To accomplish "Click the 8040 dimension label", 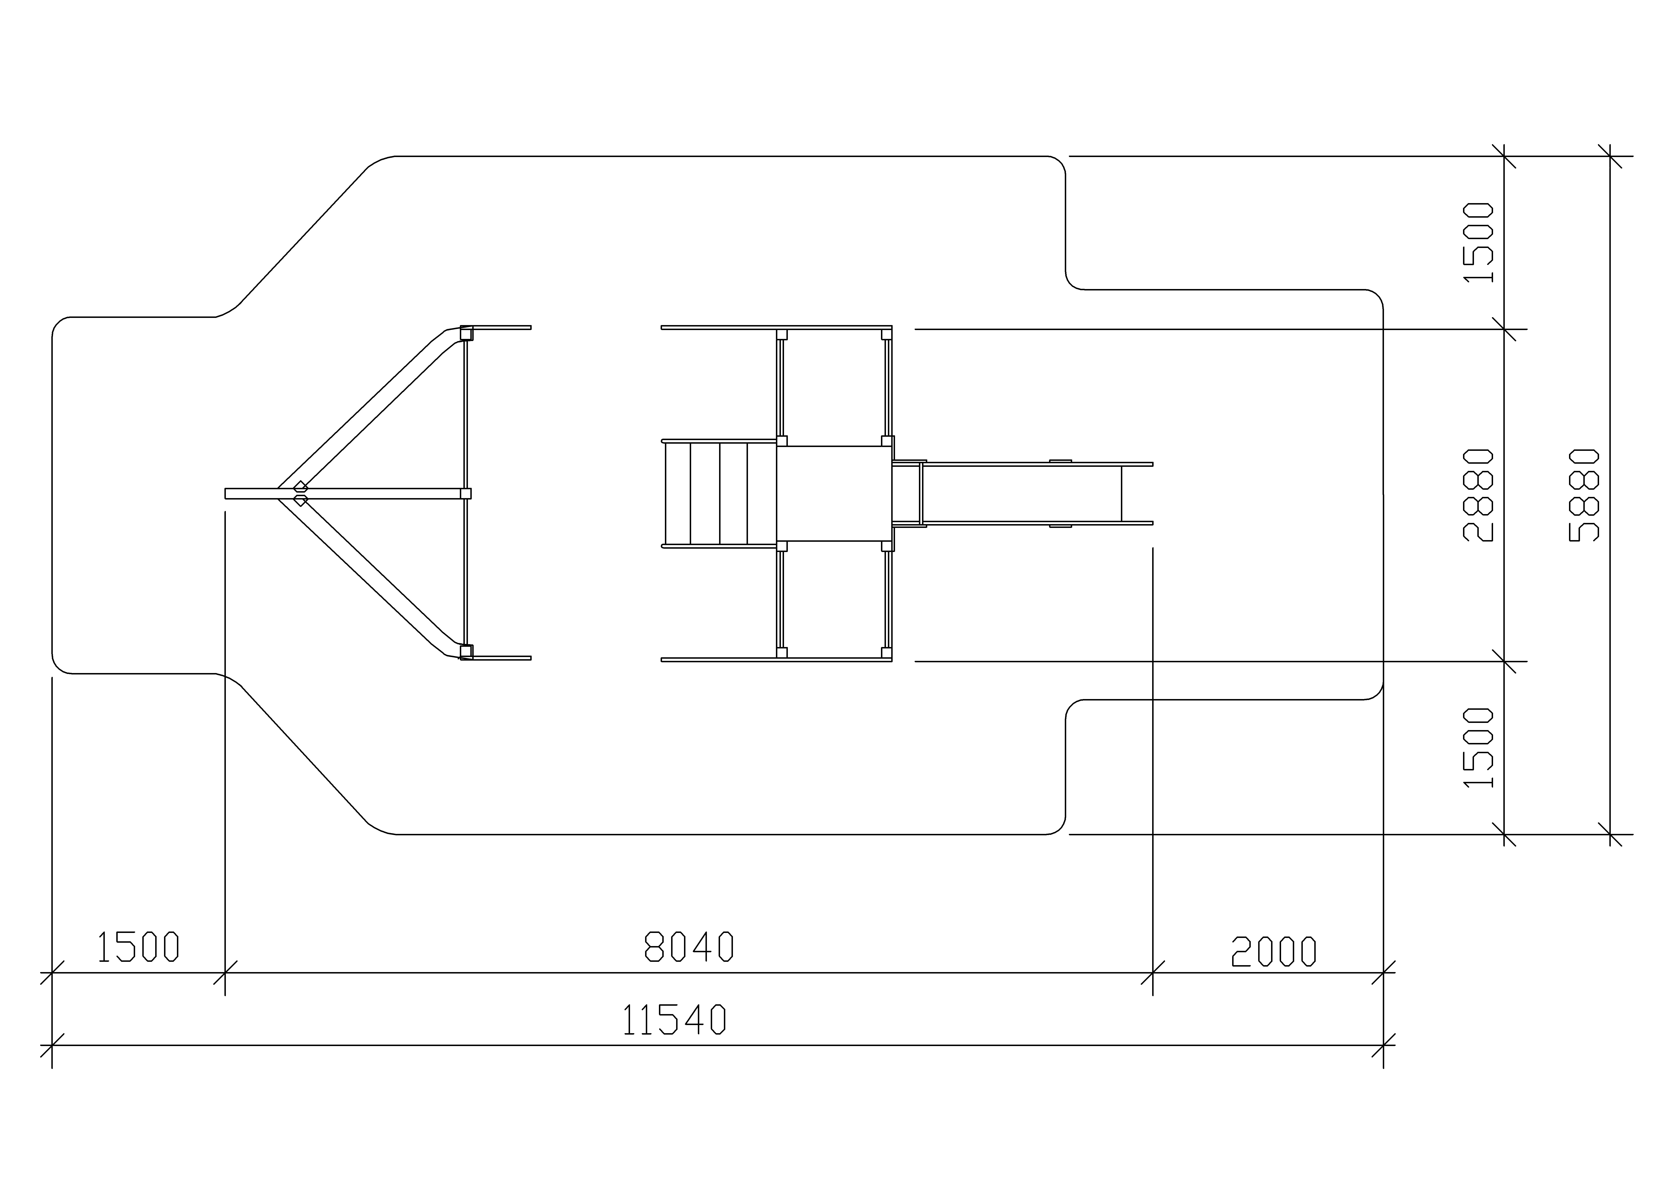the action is point(689,946).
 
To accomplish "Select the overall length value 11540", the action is point(675,1019).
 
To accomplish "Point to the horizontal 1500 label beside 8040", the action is point(138,946).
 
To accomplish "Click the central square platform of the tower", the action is point(834,493).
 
